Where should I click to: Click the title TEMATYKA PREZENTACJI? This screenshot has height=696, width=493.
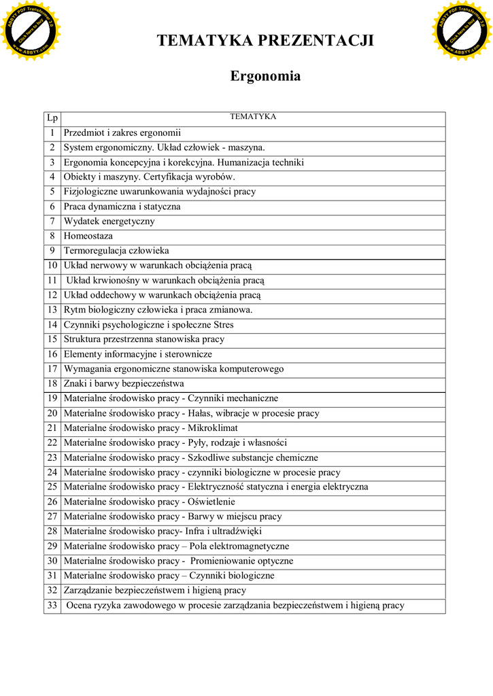[265, 41]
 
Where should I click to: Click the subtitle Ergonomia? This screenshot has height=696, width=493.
[265, 75]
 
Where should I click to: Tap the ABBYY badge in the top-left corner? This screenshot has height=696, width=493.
[30, 30]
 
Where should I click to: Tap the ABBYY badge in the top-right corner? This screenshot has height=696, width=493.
[462, 30]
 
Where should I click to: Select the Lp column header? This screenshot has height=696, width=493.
[52, 118]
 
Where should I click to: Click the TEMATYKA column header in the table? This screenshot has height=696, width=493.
[253, 117]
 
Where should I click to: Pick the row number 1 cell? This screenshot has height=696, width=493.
[52, 133]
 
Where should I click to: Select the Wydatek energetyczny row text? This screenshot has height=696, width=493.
[109, 221]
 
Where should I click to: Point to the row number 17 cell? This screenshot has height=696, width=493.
[52, 368]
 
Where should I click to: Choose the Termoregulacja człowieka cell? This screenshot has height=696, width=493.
[116, 251]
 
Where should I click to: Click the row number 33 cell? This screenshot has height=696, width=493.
[52, 605]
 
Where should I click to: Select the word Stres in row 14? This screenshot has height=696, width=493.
[224, 324]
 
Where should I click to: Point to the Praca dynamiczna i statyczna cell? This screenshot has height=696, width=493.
[122, 206]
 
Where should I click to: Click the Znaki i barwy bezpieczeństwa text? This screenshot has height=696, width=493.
[124, 383]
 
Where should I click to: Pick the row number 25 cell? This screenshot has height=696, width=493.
[52, 487]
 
